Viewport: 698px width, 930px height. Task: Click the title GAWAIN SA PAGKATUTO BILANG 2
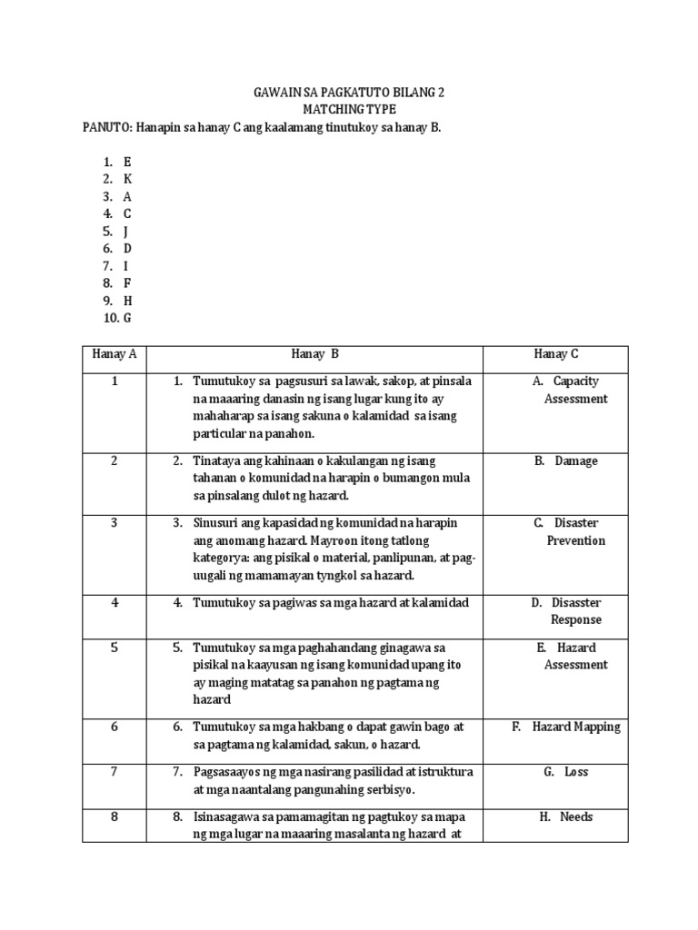pos(347,94)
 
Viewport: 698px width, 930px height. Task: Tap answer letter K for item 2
pos(128,179)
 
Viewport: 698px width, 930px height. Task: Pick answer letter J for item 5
pos(126,231)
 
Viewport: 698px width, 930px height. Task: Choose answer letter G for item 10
pos(128,317)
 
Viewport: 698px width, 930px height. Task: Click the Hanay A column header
pos(115,354)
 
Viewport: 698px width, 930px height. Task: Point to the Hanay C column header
pos(556,354)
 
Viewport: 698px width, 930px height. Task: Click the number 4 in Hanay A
pos(115,602)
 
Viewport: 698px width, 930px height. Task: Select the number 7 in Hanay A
pos(115,772)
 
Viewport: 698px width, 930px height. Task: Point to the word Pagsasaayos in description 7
pos(227,772)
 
